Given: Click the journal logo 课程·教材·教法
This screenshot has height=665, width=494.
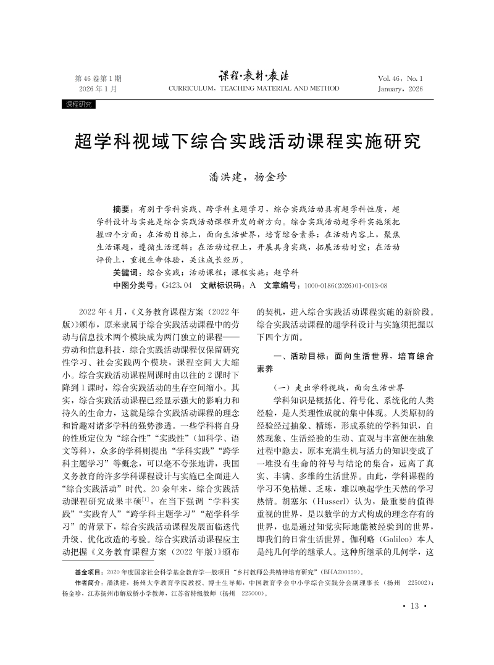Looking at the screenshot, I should tap(254, 76).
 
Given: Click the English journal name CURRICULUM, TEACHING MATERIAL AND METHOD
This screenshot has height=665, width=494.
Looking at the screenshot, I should tap(254, 88).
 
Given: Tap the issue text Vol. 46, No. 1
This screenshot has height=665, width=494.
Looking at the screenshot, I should tap(400, 78).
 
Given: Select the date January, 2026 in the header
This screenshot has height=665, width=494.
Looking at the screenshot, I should tap(400, 89).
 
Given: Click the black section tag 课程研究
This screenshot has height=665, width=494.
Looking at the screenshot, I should tap(78, 104).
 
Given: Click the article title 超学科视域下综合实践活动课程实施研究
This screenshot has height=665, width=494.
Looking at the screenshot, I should tap(247, 141).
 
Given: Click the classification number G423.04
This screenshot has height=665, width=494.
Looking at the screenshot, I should tap(177, 285).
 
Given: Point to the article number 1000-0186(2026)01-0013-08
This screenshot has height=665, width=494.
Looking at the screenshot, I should tap(346, 286).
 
